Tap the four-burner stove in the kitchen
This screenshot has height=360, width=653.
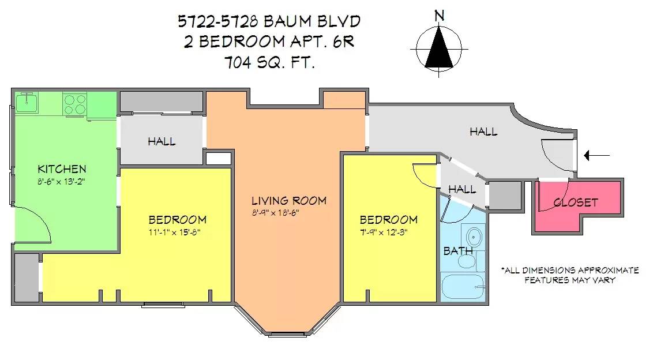click(x=74, y=104)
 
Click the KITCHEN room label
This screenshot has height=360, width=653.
click(x=62, y=169)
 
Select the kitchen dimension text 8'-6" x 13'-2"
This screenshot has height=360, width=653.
click(x=62, y=181)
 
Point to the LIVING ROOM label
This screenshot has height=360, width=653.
click(x=288, y=201)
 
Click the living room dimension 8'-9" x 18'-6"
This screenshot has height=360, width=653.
click(x=275, y=212)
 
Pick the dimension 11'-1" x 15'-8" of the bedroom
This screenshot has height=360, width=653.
click(x=177, y=232)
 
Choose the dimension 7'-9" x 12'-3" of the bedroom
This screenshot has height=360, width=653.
click(x=388, y=232)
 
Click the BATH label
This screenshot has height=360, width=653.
click(x=458, y=251)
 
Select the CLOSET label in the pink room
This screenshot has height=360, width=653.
click(x=575, y=202)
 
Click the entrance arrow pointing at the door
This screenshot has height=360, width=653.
click(x=595, y=155)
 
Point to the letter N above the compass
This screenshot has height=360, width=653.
click(x=439, y=16)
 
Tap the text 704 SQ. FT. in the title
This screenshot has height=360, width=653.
click(x=269, y=63)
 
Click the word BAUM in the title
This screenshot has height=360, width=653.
click(x=286, y=22)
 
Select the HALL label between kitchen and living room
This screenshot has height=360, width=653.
click(x=162, y=141)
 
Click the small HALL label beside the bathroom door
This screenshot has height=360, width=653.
click(x=462, y=189)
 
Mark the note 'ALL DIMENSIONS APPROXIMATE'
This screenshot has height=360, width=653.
click(x=570, y=270)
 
